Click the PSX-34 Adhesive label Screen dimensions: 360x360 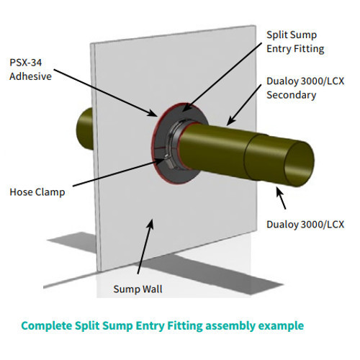[x=30, y=70]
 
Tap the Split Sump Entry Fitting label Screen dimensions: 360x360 [x=295, y=42]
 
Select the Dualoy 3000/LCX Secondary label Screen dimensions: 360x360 [x=305, y=88]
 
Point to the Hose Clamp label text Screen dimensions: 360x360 [x=37, y=192]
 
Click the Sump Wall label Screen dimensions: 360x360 [x=138, y=289]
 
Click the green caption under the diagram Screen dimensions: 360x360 [x=163, y=326]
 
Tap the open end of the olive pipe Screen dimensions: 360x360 [x=300, y=164]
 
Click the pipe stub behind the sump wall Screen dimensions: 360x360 [x=85, y=129]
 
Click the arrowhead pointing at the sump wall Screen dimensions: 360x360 [x=150, y=224]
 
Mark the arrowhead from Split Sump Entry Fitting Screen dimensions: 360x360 [x=186, y=107]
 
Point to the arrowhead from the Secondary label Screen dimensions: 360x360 [x=230, y=121]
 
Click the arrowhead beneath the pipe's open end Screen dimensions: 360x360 [x=279, y=192]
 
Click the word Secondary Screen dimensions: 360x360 [x=291, y=95]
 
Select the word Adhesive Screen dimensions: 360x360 [x=30, y=76]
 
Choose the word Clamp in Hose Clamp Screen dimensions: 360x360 [x=50, y=192]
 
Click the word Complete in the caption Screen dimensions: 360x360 [x=47, y=326]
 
